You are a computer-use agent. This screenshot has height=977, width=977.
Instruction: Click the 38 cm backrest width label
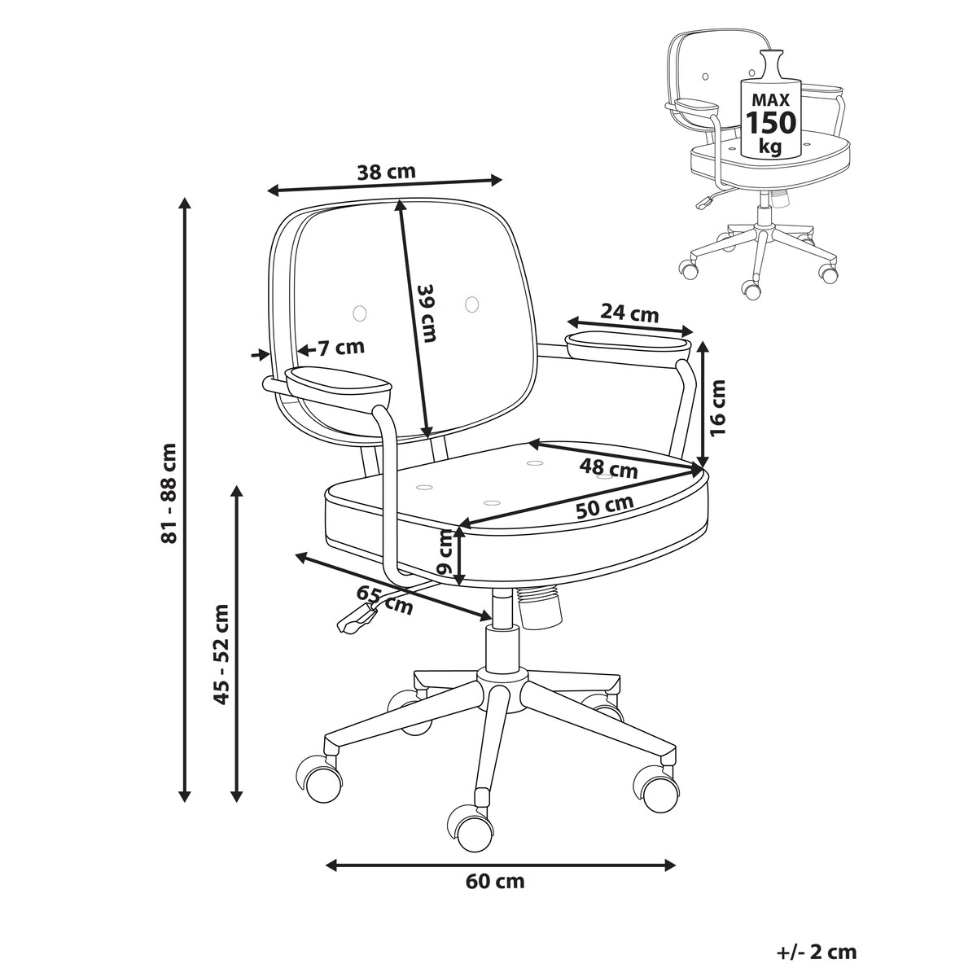coord(387,172)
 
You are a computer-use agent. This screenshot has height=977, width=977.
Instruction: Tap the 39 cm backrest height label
coord(426,313)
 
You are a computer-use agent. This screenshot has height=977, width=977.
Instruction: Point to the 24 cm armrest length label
coord(629,313)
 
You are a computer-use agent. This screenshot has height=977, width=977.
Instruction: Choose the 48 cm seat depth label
coord(608,467)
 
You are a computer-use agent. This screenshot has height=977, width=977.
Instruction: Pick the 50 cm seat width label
coord(605,506)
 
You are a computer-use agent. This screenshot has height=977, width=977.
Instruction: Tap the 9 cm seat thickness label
coord(445,552)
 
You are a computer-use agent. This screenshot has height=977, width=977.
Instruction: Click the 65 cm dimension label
coord(384,600)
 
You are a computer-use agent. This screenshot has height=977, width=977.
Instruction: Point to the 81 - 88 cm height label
coord(169,493)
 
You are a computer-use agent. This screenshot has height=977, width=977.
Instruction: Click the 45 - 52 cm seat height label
coord(221,654)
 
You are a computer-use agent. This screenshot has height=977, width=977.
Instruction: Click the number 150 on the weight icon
coord(771,122)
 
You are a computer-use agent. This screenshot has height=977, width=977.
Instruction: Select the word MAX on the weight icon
coord(771,99)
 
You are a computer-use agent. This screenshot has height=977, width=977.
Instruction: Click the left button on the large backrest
coord(360,313)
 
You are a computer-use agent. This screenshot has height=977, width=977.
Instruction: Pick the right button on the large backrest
coord(471,304)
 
